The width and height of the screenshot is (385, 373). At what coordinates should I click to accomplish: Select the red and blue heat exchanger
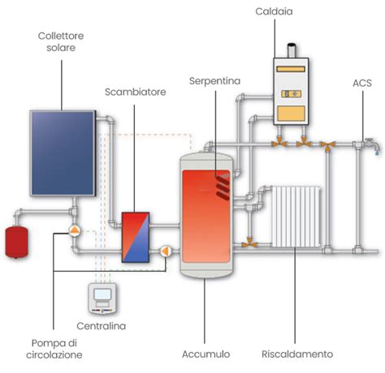click(x=135, y=237)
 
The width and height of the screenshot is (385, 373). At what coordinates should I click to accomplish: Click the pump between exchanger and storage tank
click(x=167, y=251)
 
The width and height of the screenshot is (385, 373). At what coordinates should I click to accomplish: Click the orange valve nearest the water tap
click(x=328, y=146)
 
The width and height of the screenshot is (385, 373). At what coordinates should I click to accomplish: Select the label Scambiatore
click(x=135, y=92)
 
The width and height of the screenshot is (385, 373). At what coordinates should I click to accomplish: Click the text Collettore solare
click(x=61, y=43)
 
